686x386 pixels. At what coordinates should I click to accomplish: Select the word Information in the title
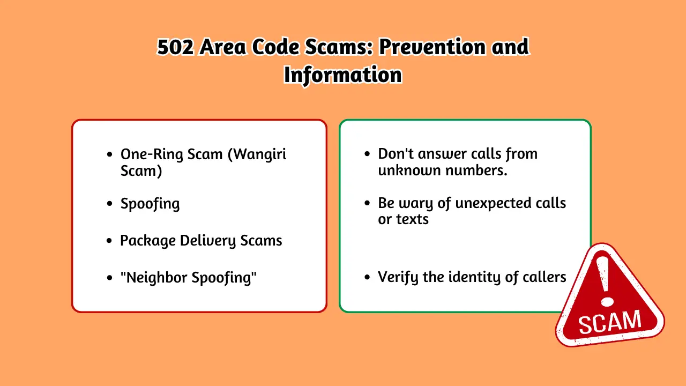point(342,75)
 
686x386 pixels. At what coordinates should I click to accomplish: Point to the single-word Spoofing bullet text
point(150,204)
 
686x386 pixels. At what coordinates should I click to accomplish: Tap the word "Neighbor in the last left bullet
point(152,278)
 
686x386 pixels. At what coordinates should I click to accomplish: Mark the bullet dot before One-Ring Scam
point(110,154)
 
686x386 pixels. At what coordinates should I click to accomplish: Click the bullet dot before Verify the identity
point(367,278)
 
